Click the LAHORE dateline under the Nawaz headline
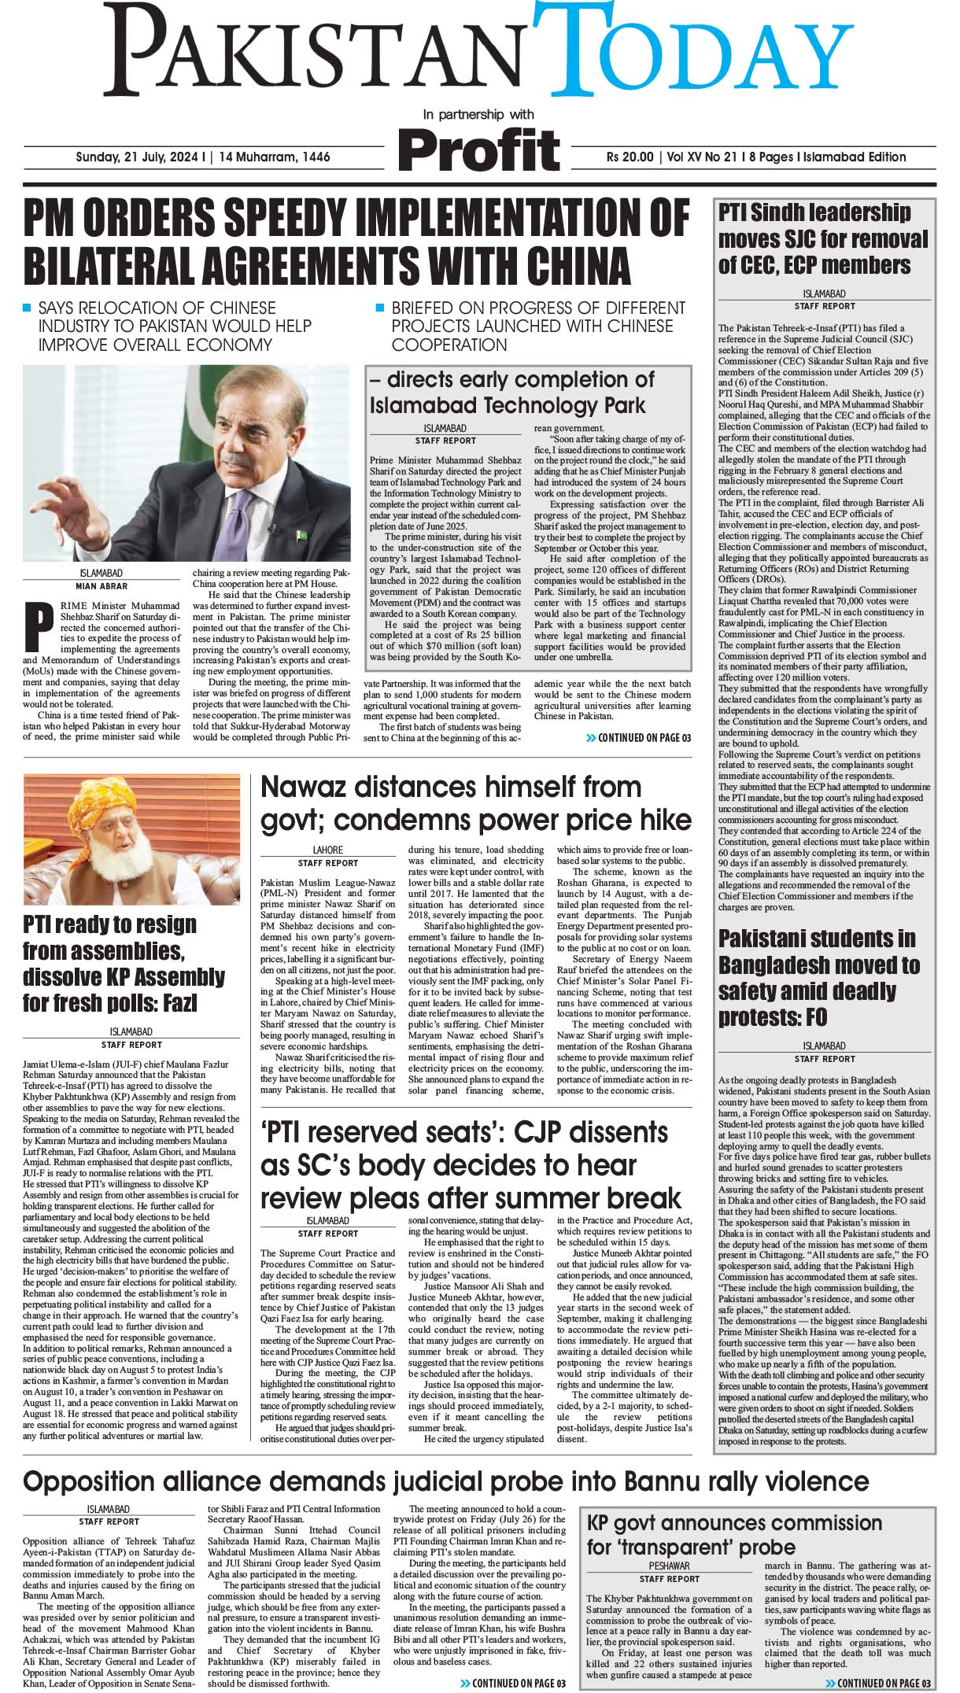[328, 850]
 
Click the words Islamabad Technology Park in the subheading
[507, 405]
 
